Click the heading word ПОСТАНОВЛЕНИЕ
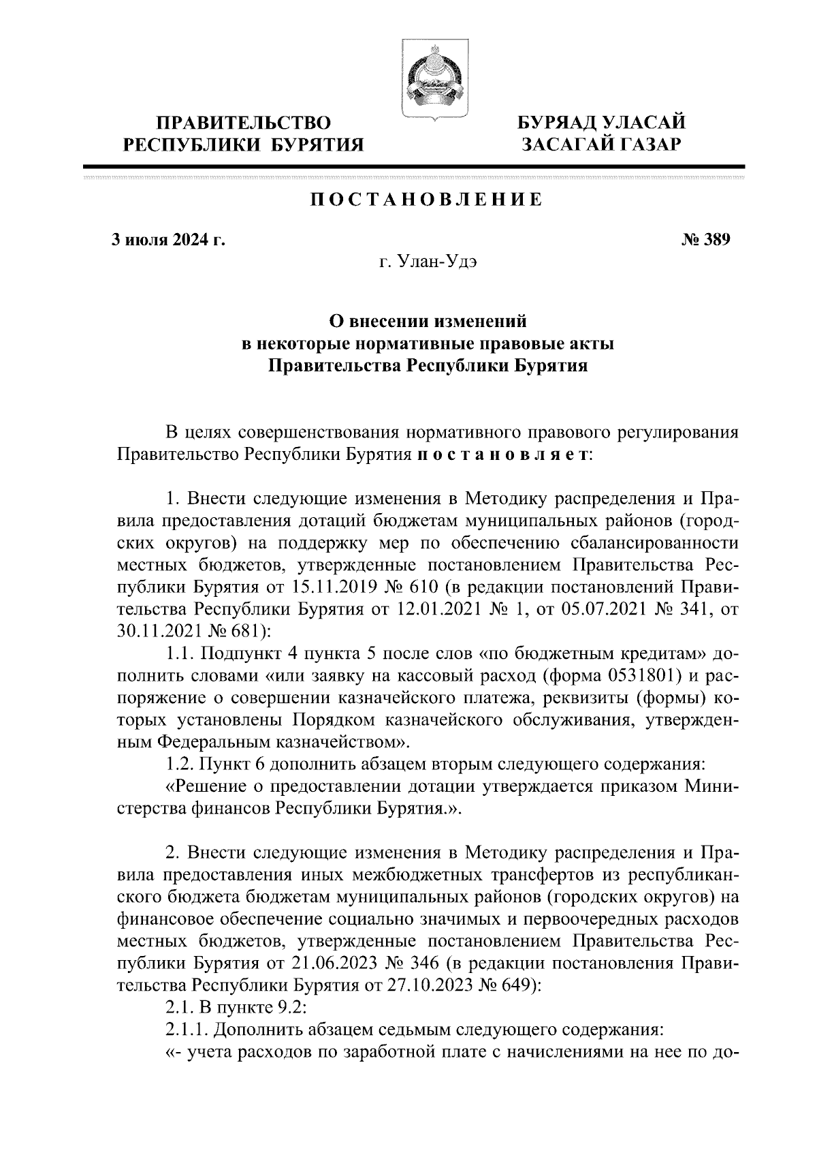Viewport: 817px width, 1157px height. click(427, 200)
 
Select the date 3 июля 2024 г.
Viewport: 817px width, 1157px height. click(168, 240)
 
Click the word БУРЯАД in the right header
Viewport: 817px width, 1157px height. click(556, 123)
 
